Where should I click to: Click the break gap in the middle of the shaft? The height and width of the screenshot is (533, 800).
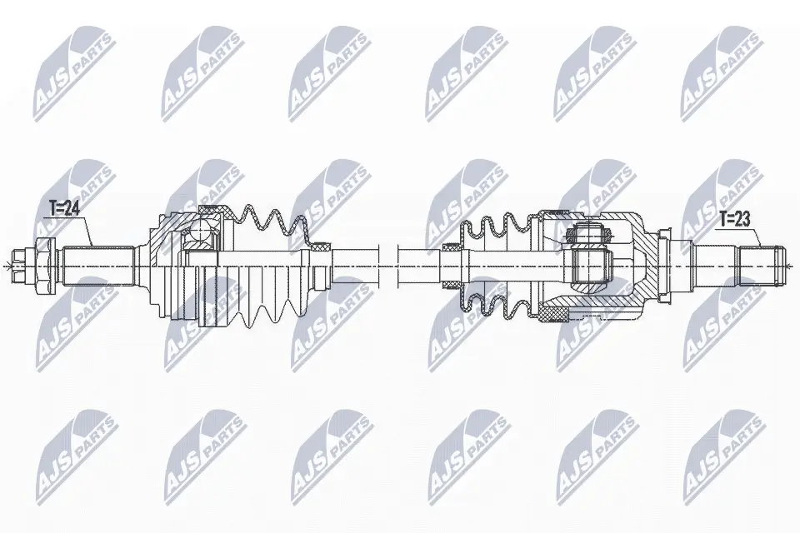coord(389,266)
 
